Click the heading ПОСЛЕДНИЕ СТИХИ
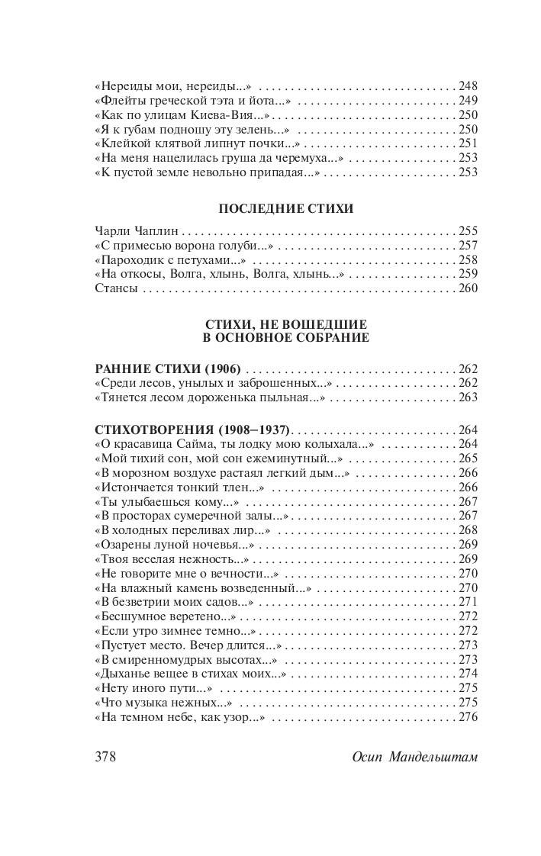click(285, 209)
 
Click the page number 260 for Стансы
click(467, 288)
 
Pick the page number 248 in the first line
click(467, 85)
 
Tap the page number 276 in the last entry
click(467, 717)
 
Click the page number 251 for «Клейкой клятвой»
click(467, 143)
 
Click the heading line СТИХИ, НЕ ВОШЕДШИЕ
click(286, 325)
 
